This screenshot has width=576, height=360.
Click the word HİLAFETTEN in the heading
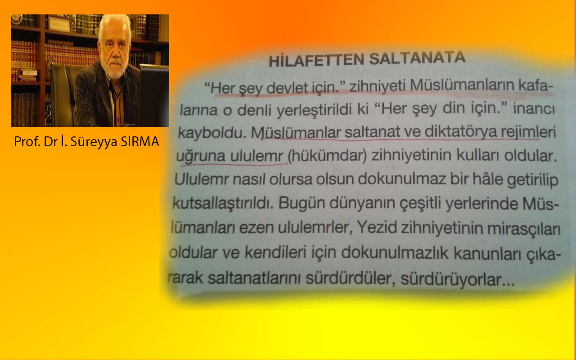coord(316,60)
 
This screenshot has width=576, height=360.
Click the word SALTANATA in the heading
coord(417,58)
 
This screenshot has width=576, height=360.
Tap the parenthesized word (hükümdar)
coord(327,156)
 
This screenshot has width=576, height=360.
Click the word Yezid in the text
coord(377,228)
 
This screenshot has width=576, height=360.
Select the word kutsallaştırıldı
coord(223,203)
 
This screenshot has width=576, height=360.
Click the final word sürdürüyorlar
coord(457,279)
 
